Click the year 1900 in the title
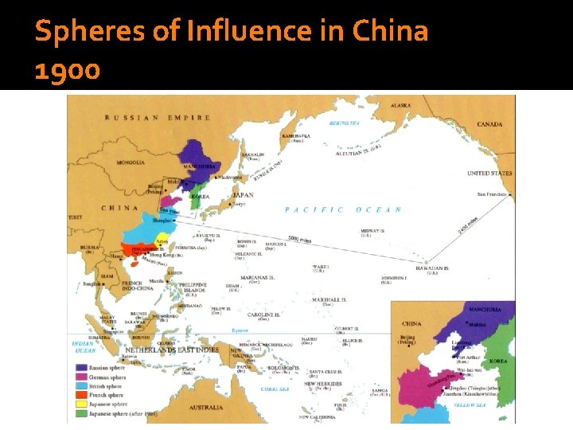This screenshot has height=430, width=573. click(68, 71)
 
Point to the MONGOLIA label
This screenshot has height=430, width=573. click(131, 162)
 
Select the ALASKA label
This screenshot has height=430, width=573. click(400, 105)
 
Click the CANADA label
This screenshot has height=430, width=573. click(489, 124)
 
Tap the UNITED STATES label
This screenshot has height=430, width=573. click(489, 173)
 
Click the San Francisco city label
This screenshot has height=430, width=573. click(492, 194)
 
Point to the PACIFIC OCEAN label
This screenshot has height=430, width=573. click(343, 209)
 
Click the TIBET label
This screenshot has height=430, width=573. click(75, 217)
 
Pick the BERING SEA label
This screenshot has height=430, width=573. click(345, 123)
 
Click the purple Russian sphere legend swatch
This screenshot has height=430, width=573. click(80, 368)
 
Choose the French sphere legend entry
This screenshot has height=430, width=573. click(106, 395)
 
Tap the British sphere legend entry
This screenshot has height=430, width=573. click(106, 386)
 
